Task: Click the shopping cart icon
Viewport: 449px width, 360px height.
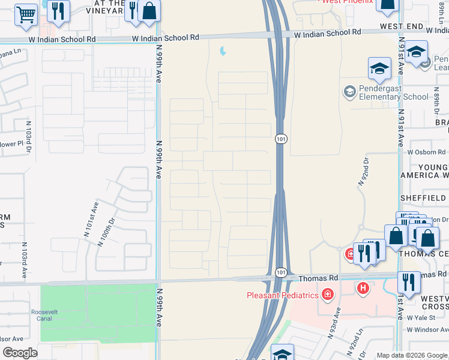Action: tap(26, 15)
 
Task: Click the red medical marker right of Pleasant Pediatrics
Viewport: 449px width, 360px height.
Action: tap(328, 293)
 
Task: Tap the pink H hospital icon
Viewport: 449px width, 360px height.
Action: tap(363, 289)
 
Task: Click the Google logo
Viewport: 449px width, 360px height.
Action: tap(20, 353)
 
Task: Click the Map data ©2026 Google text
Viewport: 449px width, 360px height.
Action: tap(411, 355)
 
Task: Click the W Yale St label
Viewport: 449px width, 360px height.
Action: tap(421, 317)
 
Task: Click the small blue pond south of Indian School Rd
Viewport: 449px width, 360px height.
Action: tap(223, 52)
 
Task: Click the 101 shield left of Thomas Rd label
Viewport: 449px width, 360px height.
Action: tap(281, 272)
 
